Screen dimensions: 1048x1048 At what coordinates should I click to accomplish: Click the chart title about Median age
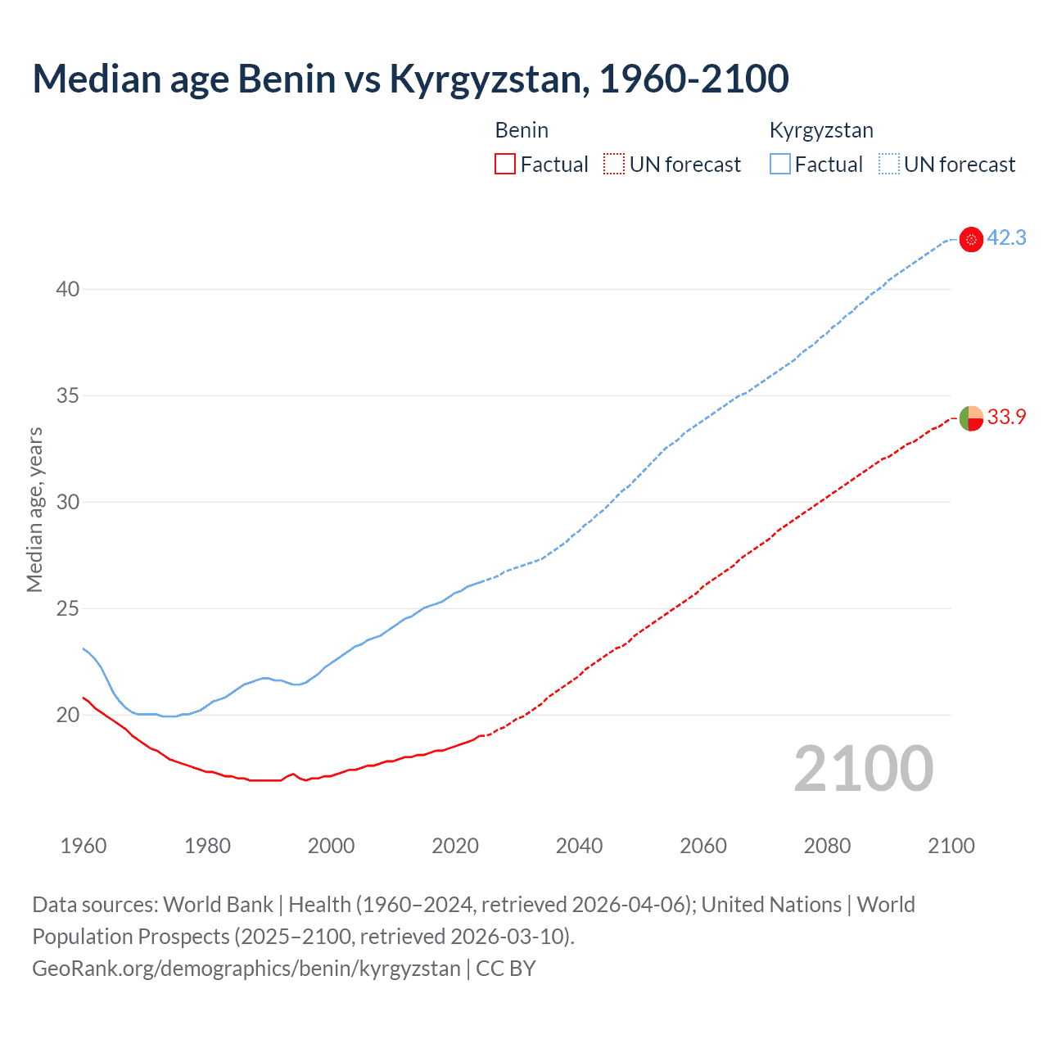[x=410, y=79]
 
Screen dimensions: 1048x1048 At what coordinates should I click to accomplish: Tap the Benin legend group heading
[x=522, y=130]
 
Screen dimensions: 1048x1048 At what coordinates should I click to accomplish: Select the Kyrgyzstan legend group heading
[x=821, y=130]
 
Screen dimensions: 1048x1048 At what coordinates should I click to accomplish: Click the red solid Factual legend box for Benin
[x=505, y=165]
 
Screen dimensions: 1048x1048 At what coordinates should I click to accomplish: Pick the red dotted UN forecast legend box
[x=614, y=165]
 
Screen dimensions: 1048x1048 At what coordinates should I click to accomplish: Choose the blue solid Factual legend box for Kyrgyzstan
[x=779, y=165]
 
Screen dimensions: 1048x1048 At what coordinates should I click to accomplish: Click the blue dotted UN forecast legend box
[x=888, y=165]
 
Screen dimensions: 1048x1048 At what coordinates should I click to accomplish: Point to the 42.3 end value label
[x=1006, y=238]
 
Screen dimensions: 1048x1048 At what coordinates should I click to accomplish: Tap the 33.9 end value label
[x=1006, y=417]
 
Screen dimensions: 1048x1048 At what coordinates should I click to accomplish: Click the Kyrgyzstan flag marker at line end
[x=971, y=239]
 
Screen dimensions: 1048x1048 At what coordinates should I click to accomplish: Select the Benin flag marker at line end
[x=971, y=418]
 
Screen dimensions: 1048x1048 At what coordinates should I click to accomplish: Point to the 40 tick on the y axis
[x=68, y=289]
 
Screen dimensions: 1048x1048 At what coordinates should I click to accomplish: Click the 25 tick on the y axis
[x=68, y=608]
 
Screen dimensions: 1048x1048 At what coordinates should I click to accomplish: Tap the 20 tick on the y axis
[x=68, y=715]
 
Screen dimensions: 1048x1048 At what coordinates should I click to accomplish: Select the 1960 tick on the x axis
[x=84, y=846]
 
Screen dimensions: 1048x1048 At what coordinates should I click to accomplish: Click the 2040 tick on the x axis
[x=579, y=846]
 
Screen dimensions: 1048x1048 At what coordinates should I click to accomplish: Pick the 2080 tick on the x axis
[x=827, y=846]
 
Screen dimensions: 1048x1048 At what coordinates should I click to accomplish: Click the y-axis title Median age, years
[x=34, y=509]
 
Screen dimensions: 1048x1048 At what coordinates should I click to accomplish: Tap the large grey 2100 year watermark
[x=863, y=769]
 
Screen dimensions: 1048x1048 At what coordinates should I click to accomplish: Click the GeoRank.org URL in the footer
[x=246, y=969]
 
